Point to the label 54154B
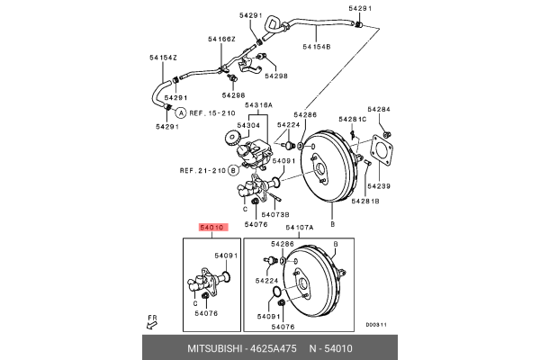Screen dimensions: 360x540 tap(317, 46)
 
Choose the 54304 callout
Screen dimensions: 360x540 tap(248, 125)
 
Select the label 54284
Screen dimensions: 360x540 tap(380, 110)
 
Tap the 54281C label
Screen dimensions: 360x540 tap(352, 119)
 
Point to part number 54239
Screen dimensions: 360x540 tap(378, 185)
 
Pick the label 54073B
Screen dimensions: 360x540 tap(274, 215)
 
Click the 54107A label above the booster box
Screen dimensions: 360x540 tap(300, 229)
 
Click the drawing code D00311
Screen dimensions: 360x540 tap(374, 325)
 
